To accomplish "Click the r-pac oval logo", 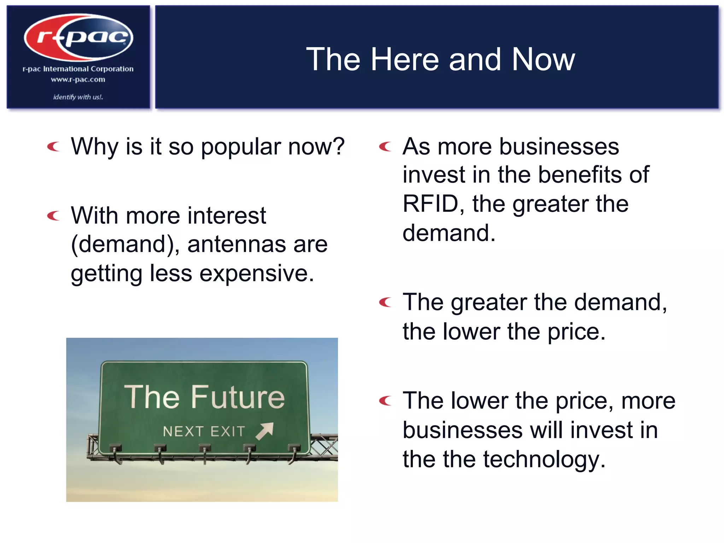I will point(78,37).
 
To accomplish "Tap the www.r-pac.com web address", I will point(78,80).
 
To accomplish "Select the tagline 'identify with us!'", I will point(78,97).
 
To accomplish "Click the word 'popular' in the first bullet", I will point(241,147).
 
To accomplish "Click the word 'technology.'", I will point(544,459).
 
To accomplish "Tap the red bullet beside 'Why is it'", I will point(54,146).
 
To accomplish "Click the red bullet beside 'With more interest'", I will point(54,215).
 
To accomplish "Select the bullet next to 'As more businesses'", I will point(385,146).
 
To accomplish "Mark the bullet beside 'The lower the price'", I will point(385,401).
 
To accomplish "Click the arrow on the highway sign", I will point(265,431).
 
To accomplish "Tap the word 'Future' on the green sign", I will point(238,397).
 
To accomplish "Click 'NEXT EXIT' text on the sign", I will point(204,432).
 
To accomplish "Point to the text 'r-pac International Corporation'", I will point(78,69).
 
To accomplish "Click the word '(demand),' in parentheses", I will point(125,244).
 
